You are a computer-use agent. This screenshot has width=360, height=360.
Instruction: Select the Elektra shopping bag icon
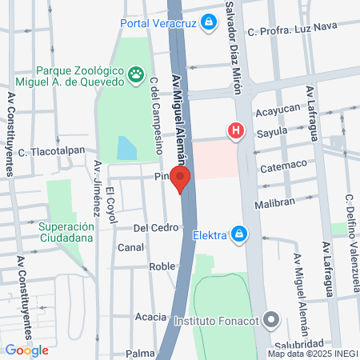pos(238,234)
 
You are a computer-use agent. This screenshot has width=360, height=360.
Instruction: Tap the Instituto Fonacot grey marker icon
pos(271,321)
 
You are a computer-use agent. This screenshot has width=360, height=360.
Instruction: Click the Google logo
pos(26,350)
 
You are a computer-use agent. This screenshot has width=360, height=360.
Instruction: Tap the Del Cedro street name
pos(155,227)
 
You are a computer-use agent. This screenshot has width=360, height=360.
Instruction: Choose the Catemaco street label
pos(283,169)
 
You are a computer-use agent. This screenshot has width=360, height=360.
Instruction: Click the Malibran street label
pos(275,205)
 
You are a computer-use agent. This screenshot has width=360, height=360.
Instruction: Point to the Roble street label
pos(162,266)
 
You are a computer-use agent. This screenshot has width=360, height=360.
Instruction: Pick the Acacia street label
pos(150,317)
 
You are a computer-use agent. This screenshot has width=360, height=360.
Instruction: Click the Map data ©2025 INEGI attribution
pos(312,354)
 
